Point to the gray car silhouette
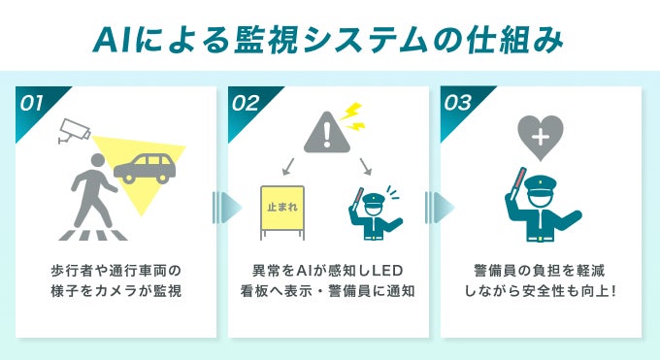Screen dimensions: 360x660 (145, 167)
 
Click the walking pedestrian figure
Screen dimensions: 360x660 (94, 188)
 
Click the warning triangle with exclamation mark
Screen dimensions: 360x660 (325, 132)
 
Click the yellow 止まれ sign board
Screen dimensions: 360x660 (281, 208)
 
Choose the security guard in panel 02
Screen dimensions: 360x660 (374, 213)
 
